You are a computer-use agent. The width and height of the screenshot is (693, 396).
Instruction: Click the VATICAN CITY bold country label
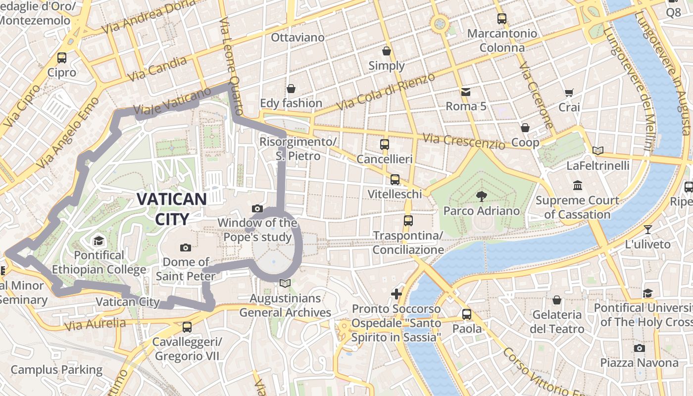tap(172, 209)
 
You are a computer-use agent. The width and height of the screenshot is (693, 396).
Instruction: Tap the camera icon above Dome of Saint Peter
tap(186, 247)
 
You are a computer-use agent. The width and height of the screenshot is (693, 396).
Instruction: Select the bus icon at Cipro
tap(62, 58)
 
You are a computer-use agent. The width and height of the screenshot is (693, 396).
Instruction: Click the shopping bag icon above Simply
tap(387, 51)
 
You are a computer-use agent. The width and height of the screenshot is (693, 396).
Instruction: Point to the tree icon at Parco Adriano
tap(481, 197)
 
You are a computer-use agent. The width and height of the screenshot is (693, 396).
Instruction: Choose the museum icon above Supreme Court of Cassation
tap(577, 186)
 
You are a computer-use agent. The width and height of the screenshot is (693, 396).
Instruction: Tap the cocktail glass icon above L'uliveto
tap(647, 229)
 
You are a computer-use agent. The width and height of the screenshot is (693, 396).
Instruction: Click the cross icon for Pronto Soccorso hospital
tap(396, 294)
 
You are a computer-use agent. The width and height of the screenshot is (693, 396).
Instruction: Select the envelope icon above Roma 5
tap(466, 92)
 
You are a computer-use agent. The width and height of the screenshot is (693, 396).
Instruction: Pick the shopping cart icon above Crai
tap(569, 93)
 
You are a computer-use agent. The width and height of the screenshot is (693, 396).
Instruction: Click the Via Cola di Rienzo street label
tap(386, 92)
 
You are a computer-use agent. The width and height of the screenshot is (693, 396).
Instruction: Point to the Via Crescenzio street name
tap(464, 141)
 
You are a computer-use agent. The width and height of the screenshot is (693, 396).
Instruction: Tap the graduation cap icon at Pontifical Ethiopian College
tap(99, 241)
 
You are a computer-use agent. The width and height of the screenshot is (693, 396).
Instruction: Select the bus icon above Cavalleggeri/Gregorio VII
tap(187, 327)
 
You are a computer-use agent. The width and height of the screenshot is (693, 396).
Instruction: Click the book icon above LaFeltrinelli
tap(598, 150)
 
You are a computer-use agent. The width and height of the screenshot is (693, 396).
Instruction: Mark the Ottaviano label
tap(297, 38)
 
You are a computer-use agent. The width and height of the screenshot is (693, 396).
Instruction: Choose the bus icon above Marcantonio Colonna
tap(502, 19)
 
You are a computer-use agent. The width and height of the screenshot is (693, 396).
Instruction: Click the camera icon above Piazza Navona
tap(639, 348)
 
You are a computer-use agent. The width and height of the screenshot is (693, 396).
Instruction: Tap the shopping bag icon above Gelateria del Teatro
tap(557, 300)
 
